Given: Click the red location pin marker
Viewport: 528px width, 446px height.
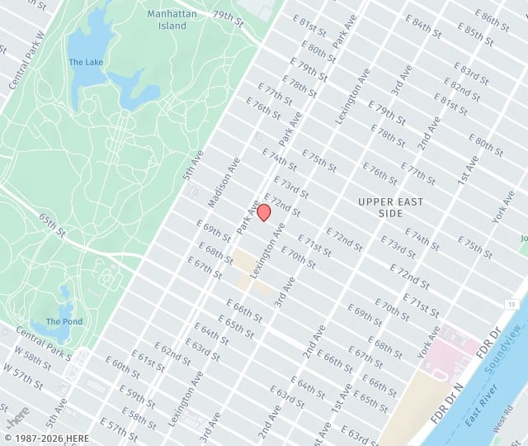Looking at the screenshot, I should coord(264,212).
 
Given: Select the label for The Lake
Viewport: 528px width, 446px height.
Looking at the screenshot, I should coord(85,62).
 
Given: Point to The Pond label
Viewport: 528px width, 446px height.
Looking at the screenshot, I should coord(64,321).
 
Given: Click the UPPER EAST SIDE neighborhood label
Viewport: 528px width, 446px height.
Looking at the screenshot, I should coord(391,207).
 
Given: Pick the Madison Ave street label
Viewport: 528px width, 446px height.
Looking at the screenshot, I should coord(224,183).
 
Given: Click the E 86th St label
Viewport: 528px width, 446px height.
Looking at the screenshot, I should coord(497,21).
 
